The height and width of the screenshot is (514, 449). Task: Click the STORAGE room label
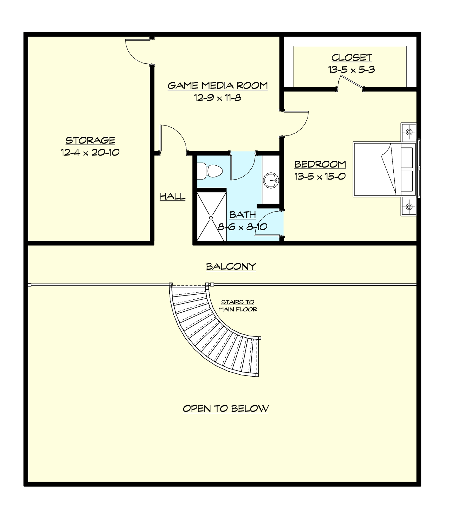click(x=90, y=140)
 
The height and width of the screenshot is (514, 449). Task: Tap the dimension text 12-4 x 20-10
click(x=90, y=153)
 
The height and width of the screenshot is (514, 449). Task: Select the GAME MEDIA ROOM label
click(x=218, y=85)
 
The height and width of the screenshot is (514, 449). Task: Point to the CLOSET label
click(x=351, y=57)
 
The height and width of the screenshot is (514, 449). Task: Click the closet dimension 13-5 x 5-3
click(x=351, y=70)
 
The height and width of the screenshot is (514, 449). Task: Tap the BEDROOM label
click(x=320, y=164)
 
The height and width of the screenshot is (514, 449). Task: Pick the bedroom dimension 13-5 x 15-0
click(x=320, y=177)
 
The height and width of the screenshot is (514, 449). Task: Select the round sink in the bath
click(x=271, y=180)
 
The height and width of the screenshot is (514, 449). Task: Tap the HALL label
click(x=172, y=196)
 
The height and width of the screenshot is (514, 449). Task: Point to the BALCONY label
click(x=231, y=266)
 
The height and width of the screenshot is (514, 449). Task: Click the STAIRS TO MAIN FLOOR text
click(x=238, y=305)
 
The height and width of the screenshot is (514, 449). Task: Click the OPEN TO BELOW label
click(x=226, y=408)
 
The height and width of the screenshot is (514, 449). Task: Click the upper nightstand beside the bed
click(x=408, y=132)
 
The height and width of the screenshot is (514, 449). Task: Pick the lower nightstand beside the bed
click(x=408, y=206)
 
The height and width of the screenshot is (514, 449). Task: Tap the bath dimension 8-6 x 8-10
click(x=242, y=227)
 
